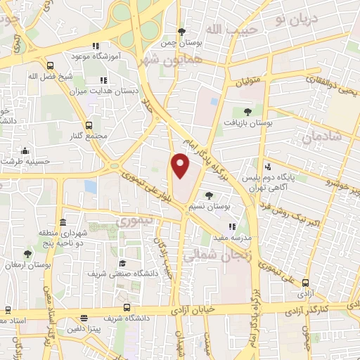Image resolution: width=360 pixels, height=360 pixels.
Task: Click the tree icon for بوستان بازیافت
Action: (246, 111)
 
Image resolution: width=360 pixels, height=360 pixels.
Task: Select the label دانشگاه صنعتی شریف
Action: (117, 272)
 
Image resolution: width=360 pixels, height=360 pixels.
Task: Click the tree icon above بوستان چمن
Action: (182, 32)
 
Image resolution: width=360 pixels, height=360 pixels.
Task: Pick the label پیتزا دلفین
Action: (85, 328)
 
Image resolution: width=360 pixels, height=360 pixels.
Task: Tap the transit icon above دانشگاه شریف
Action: (127, 307)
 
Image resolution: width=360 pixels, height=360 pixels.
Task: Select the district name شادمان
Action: (323, 136)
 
